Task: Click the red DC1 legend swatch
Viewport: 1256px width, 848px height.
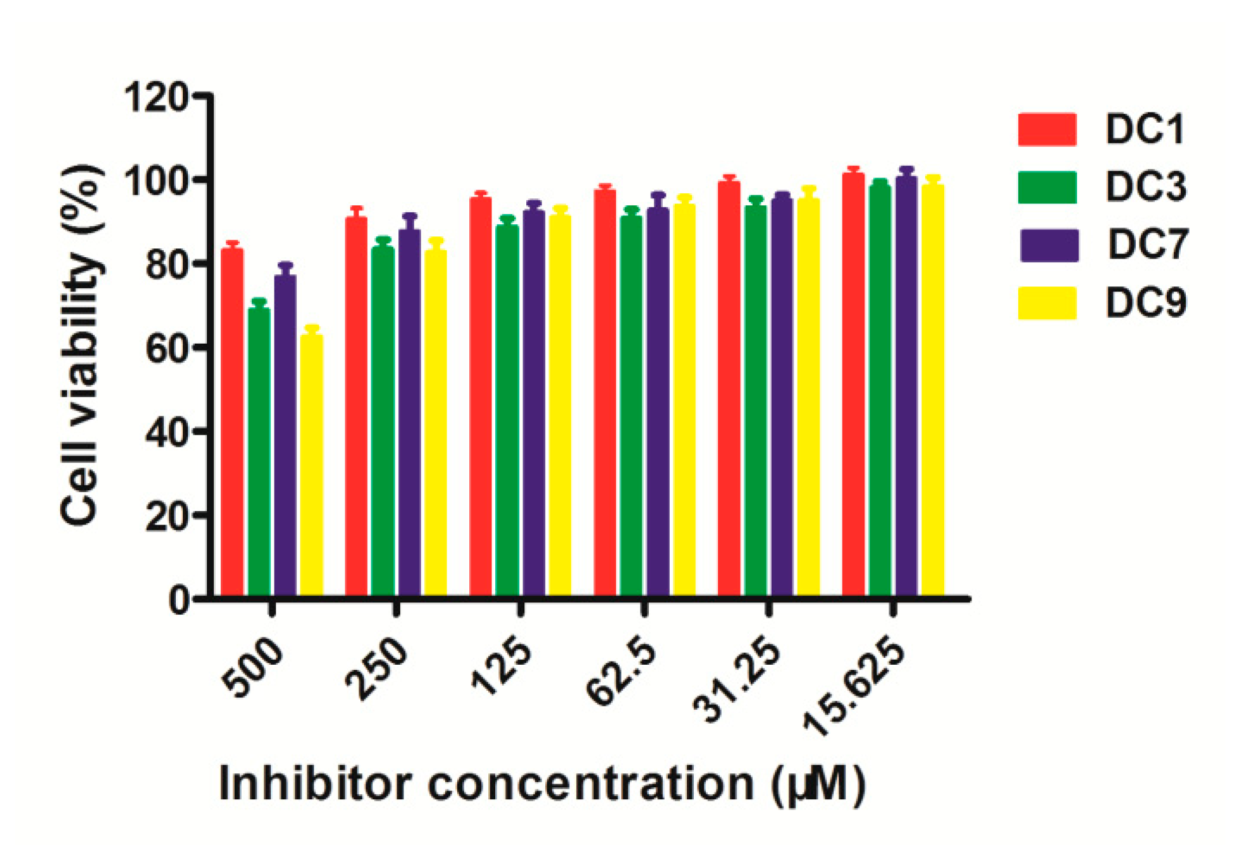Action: tap(1047, 130)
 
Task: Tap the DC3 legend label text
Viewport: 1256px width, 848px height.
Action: tap(1145, 187)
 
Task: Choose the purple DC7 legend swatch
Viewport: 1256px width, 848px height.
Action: tap(1049, 245)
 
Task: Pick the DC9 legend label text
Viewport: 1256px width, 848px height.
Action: tap(1145, 303)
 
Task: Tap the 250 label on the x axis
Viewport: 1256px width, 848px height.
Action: tap(377, 669)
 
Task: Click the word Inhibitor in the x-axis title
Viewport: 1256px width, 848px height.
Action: tap(315, 784)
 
